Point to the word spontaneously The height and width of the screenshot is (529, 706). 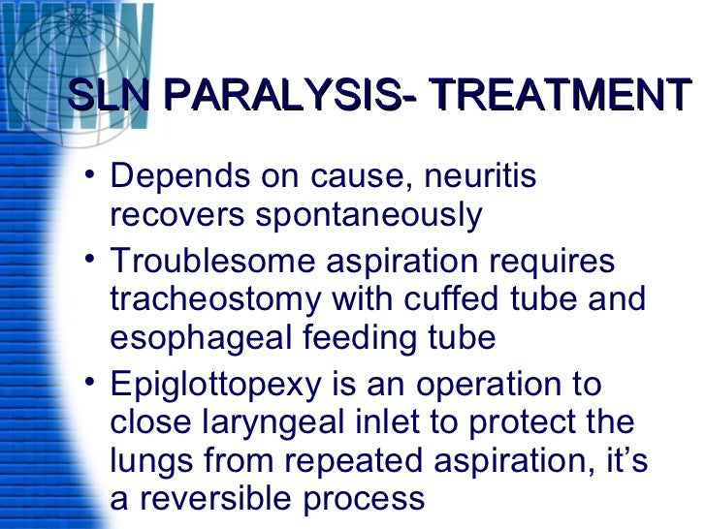click(x=369, y=216)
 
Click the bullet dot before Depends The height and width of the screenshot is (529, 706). click(x=90, y=176)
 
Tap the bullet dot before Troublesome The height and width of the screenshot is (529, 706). click(x=90, y=260)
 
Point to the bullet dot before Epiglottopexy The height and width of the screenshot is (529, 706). click(x=90, y=383)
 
